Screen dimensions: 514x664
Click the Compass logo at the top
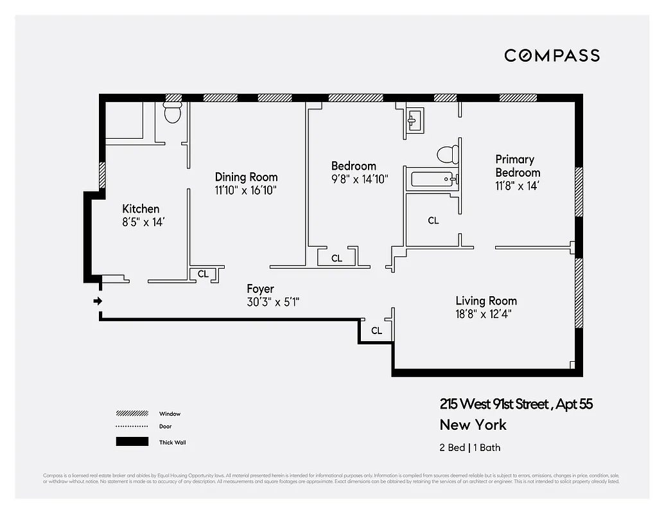pos(552,55)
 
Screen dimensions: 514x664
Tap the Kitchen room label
pos(141,209)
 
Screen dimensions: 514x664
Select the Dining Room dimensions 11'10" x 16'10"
pos(246,190)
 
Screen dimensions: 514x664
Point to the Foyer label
pos(260,289)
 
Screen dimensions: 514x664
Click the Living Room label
pos(486,301)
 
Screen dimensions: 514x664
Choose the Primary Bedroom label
pos(518,166)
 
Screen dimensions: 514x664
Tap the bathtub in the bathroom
pos(433,179)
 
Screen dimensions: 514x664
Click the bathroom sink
pos(414,120)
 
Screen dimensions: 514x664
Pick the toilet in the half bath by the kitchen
pos(173,114)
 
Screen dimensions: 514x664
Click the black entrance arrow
pos(98,301)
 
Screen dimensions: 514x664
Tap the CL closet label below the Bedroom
pos(336,258)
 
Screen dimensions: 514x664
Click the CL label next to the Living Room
pos(376,331)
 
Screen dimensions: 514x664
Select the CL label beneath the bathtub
pos(433,220)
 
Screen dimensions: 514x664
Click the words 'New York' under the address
pos(473,425)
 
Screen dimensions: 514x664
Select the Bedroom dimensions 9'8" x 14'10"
pos(360,179)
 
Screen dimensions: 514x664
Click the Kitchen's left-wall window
pos(102,175)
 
